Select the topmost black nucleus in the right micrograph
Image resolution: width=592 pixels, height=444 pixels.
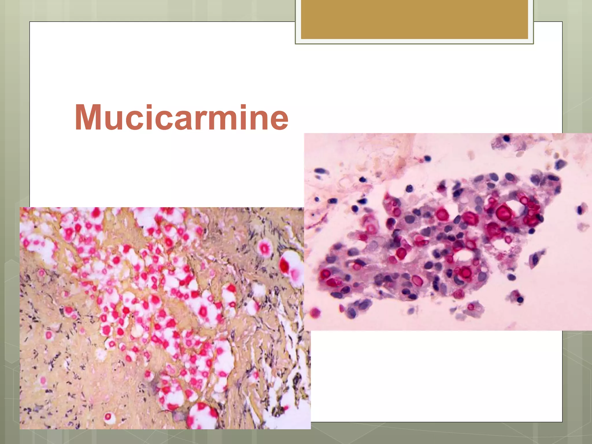[x=506, y=138]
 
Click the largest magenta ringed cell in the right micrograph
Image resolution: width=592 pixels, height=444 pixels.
[x=504, y=213]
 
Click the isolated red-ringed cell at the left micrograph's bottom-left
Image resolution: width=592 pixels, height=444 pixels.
[x=108, y=417]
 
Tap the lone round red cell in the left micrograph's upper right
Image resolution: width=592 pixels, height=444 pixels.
[x=264, y=248]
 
